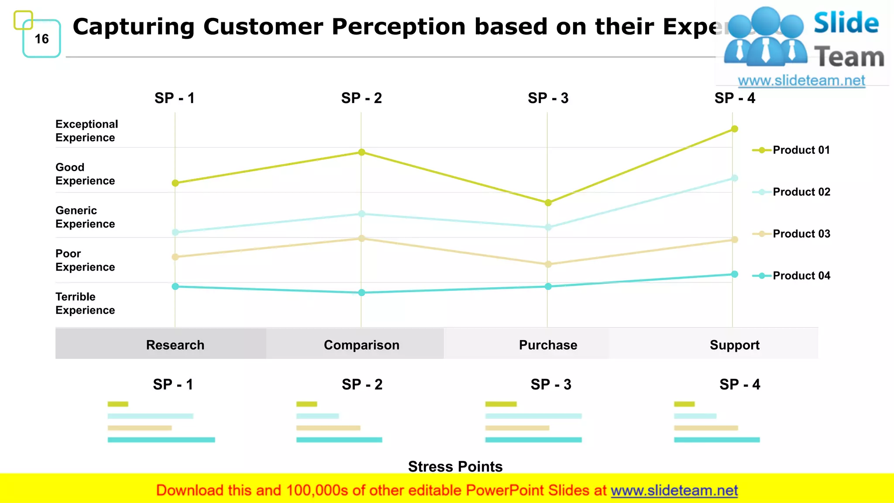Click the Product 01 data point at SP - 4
click(735, 129)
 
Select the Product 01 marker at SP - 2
click(361, 152)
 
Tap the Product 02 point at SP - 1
click(175, 232)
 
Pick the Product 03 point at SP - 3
click(548, 264)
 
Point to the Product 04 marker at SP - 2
click(361, 293)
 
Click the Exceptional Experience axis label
click(86, 131)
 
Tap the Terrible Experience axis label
click(85, 303)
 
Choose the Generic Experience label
click(85, 217)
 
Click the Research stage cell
click(175, 345)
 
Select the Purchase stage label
click(548, 345)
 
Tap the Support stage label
click(734, 345)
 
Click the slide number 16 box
click(41, 39)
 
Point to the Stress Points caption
click(455, 466)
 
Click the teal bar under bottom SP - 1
click(161, 440)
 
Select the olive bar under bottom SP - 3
click(501, 404)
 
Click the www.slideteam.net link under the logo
click(801, 81)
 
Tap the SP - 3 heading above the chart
click(548, 98)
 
